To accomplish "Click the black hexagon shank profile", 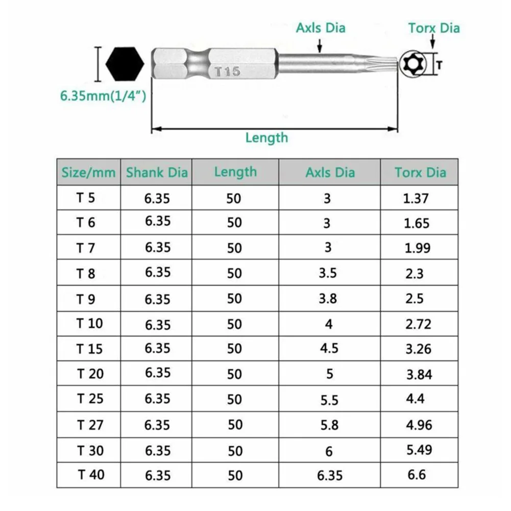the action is tap(125, 64).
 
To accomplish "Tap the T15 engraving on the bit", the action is tap(228, 71).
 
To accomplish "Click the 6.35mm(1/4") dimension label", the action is tap(103, 96).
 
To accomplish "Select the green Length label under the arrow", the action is tap(266, 138).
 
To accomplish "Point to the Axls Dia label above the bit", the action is tap(321, 28).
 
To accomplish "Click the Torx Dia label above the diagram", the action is tap(434, 28).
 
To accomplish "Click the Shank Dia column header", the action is tap(157, 173).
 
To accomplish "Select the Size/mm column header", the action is tap(89, 173).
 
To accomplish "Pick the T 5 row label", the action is tap(86, 198).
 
